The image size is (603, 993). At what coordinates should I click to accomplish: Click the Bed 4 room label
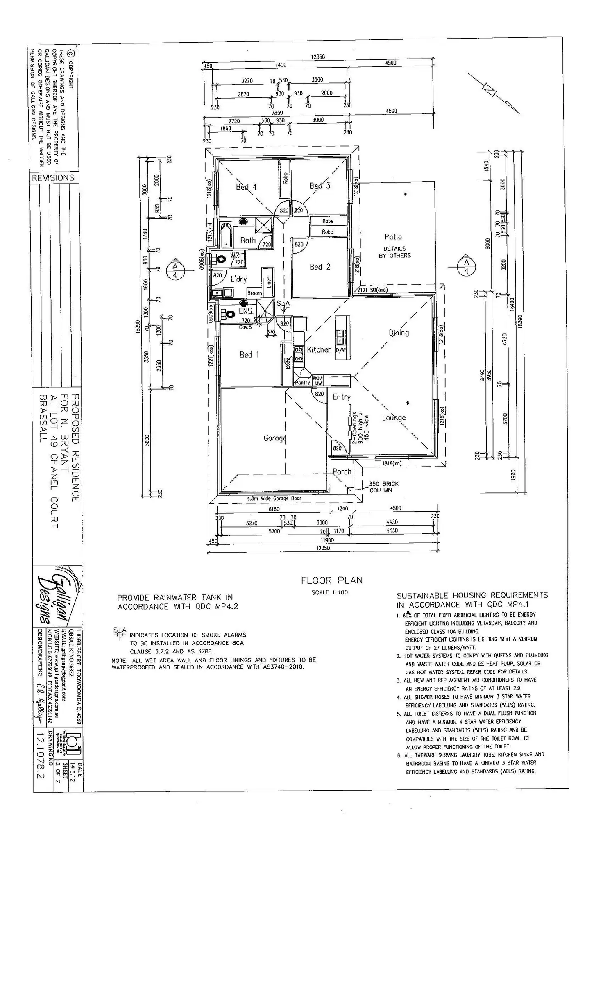[x=246, y=187]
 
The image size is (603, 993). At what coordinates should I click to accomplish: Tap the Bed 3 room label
[x=320, y=186]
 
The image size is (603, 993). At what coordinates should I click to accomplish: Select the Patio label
[x=393, y=236]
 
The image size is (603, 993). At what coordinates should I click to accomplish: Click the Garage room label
[x=275, y=438]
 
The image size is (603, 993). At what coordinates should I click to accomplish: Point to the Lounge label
[x=394, y=417]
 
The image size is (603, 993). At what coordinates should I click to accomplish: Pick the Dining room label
[x=399, y=333]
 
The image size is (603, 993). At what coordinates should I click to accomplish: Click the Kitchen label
[x=319, y=349]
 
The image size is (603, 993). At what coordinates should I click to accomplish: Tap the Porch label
[x=342, y=472]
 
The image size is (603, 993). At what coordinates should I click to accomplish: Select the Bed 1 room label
[x=249, y=354]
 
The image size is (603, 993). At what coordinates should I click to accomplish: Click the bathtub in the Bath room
[x=225, y=234]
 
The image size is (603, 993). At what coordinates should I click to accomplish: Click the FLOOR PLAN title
[x=331, y=580]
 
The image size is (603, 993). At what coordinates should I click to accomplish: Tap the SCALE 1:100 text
[x=329, y=592]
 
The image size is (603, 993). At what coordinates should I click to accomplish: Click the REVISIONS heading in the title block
[x=53, y=178]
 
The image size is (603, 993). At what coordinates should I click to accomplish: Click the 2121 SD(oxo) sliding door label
[x=372, y=290]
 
